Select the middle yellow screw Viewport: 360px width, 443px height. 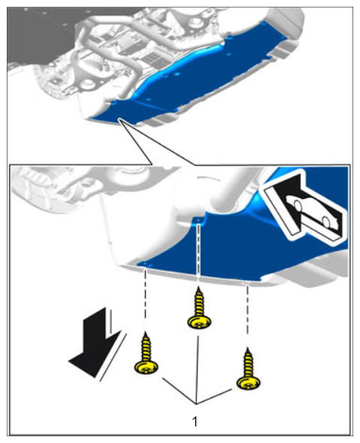pos(199,309)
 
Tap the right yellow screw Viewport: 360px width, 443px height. pos(248,370)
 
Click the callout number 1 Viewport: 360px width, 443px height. pos(195,421)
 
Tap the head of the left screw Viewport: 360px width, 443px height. pos(147,368)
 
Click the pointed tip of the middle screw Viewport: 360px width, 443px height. pos(199,287)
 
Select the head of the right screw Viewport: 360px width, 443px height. pos(248,384)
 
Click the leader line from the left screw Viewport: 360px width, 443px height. pos(179,390)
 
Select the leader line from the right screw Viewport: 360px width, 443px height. pos(214,396)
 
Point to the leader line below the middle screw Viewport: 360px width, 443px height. pos(197,370)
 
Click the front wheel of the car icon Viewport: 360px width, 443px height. pos(298,204)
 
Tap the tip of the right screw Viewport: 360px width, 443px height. pos(248,348)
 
